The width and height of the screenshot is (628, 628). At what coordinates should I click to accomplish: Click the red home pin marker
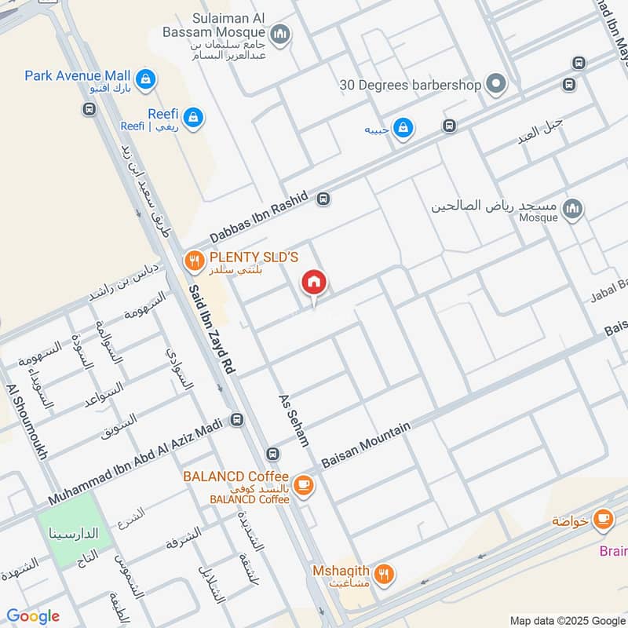[x=314, y=283]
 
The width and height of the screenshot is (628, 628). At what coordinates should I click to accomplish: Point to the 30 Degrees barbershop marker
[x=495, y=84]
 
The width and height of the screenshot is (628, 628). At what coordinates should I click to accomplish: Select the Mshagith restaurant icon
[x=384, y=575]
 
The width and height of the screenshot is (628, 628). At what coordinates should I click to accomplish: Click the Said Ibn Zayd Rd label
[x=213, y=329]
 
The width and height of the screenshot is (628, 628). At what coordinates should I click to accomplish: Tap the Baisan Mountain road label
[x=367, y=445]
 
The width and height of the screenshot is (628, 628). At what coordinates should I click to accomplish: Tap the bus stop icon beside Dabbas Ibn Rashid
[x=323, y=199]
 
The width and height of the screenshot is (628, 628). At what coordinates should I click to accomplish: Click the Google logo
[x=33, y=616]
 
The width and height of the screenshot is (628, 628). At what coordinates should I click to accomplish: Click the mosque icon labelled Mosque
[x=573, y=208]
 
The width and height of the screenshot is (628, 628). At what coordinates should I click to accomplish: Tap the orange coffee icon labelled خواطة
[x=603, y=519]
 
